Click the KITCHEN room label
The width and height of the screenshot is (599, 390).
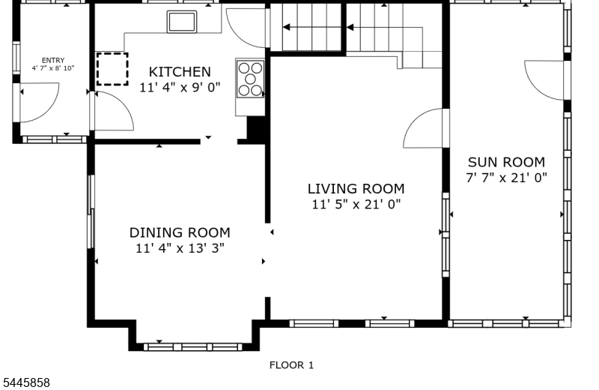[x=180, y=72]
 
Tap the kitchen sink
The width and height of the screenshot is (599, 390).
[x=182, y=22]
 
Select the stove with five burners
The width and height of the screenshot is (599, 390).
[x=250, y=79]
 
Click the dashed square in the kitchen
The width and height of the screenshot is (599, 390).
[x=112, y=69]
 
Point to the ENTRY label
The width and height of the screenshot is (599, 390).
[x=53, y=61]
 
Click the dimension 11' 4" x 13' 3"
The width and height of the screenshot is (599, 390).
[x=180, y=248]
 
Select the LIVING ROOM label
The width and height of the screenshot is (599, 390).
[x=356, y=189]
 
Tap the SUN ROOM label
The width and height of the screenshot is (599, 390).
[x=507, y=162]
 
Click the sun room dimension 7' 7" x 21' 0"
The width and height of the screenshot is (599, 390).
[x=507, y=178]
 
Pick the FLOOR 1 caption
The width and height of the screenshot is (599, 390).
[x=291, y=365]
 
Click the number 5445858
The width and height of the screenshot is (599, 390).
[x=26, y=382]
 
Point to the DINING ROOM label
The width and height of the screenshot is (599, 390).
[x=180, y=232]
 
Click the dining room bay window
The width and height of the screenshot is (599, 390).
[x=193, y=347]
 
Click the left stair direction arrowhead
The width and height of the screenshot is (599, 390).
[x=286, y=27]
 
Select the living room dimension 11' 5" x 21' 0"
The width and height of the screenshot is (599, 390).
[x=356, y=205]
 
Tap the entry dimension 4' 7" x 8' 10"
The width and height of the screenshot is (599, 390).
[x=53, y=68]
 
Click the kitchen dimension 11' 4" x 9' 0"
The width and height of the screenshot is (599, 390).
[x=180, y=88]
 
